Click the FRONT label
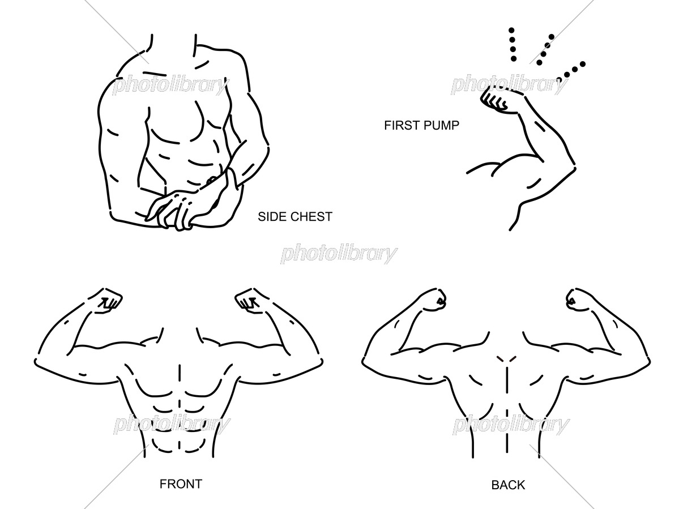tap(181, 484)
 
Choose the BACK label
tap(508, 485)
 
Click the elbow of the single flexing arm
tap(573, 166)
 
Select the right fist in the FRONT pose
tap(251, 300)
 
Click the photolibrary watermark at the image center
tap(339, 254)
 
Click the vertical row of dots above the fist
tap(513, 45)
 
